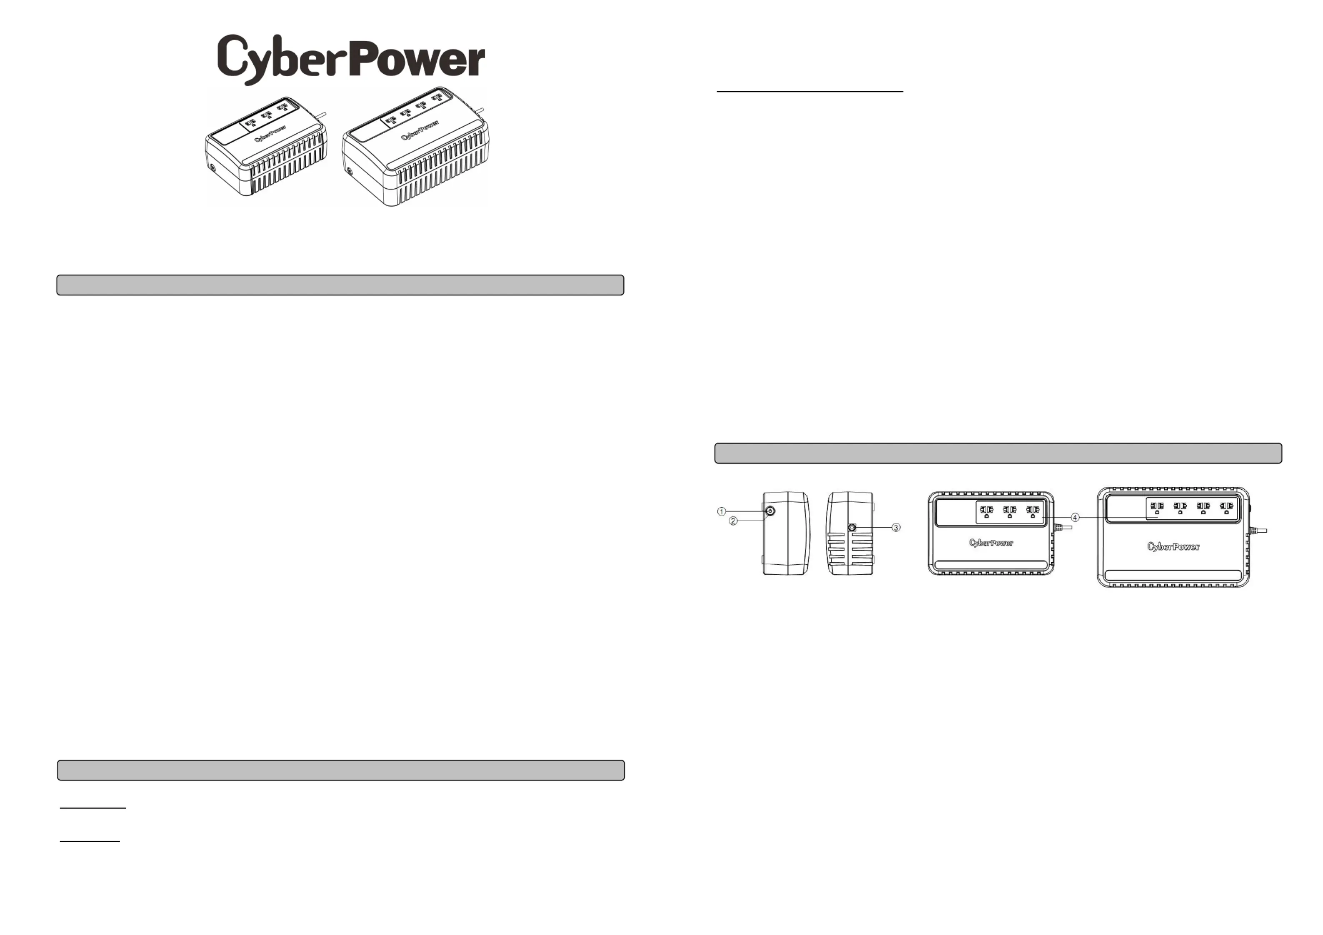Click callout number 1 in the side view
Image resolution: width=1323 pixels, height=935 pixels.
[721, 511]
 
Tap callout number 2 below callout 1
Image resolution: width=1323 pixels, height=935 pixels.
[733, 521]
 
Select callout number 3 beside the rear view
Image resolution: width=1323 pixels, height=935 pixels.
[896, 528]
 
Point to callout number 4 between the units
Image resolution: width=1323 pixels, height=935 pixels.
[1075, 517]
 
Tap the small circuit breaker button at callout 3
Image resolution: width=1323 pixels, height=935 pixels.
[852, 527]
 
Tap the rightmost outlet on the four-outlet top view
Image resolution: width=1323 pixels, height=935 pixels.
[1226, 507]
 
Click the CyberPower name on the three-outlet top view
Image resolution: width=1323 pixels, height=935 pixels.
[991, 543]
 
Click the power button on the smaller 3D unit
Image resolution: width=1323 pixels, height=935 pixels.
[212, 168]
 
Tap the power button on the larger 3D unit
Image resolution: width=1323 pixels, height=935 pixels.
[349, 171]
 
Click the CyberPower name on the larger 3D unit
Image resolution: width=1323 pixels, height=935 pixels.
[420, 130]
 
